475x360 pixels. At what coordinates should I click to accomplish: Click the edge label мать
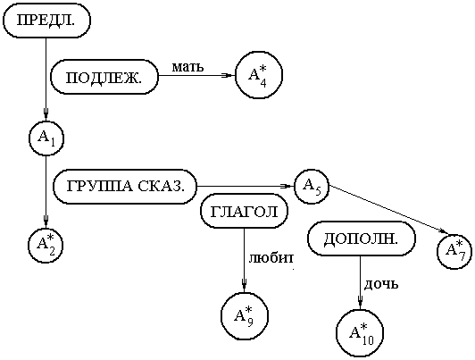(x=187, y=67)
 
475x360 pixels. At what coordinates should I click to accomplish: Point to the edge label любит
(x=271, y=258)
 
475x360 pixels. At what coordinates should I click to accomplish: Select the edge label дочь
(x=381, y=284)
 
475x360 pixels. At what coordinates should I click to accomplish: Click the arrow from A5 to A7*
(x=388, y=209)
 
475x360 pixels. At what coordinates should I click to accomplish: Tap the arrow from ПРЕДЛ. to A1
(x=46, y=80)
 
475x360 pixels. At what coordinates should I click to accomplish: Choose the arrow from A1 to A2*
(x=46, y=192)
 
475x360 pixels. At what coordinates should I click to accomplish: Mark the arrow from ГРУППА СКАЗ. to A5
(x=246, y=186)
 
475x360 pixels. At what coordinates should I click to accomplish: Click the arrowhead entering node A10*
(x=360, y=303)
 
